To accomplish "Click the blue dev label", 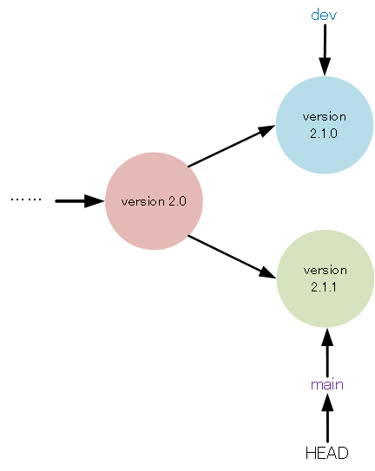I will pos(324,15).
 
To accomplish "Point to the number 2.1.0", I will pos(325,134).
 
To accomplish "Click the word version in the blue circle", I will pos(325,116).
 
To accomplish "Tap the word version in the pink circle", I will pos(142,201).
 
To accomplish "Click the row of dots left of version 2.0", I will pos(26,200).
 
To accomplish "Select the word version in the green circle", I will pos(325,270).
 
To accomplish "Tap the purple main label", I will pos(327,384).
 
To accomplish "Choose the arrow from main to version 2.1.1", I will pos(327,351).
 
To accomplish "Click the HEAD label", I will pos(327,453).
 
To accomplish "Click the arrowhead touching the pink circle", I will pos(95,201).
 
